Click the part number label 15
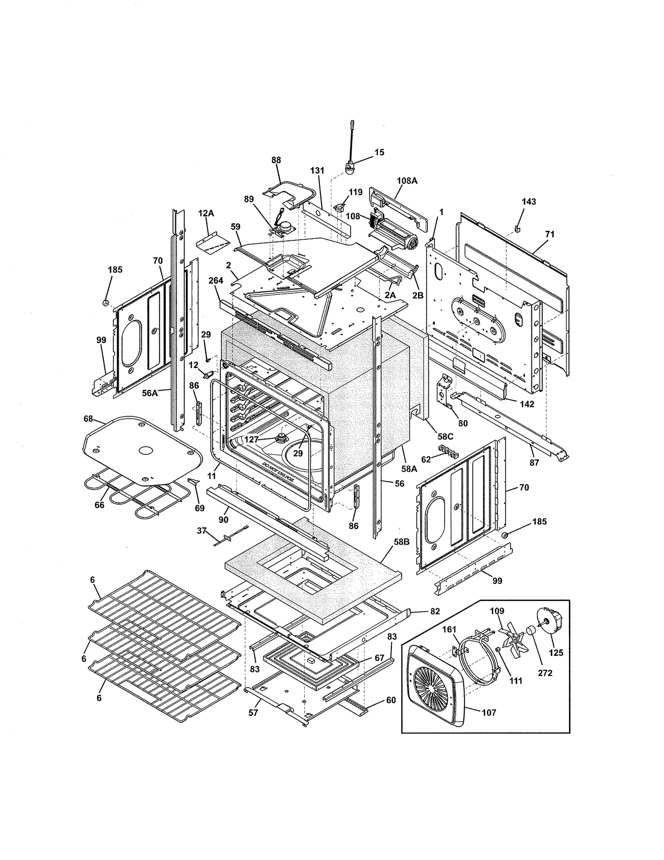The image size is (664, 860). (x=379, y=152)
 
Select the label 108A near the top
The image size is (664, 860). (x=407, y=181)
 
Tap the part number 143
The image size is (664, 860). (x=529, y=201)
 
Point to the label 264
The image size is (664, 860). (x=216, y=280)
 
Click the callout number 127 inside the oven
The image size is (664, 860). (x=251, y=439)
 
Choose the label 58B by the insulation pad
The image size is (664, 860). (x=402, y=542)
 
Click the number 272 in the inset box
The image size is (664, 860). (x=545, y=673)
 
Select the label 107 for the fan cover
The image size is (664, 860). (x=489, y=713)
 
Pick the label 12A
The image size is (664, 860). (x=206, y=213)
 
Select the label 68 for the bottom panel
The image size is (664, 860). (x=88, y=419)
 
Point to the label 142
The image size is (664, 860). (x=527, y=404)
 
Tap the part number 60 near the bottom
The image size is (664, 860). (x=391, y=700)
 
